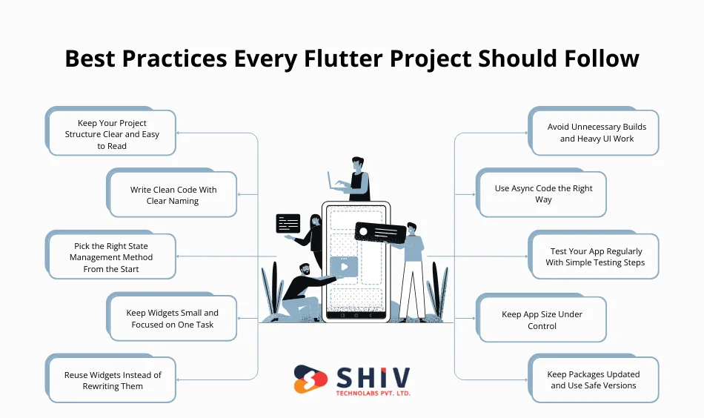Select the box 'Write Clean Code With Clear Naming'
pos(173,195)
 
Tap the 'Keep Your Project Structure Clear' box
pos(112,134)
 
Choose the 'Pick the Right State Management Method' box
pos(112,257)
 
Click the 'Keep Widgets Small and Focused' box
pos(173,319)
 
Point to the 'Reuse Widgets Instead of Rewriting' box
pos(112,380)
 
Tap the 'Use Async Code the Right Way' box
pos(543,194)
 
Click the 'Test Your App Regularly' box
pos(595,256)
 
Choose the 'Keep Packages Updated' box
pos(594,379)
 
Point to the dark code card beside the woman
pos(288,223)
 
